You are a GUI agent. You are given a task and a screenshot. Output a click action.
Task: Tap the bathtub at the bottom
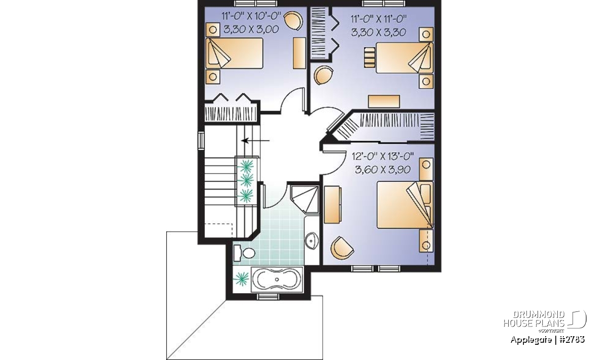277,280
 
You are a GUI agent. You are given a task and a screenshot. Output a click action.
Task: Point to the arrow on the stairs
255,141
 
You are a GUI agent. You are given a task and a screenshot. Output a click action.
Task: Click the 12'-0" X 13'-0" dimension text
383,156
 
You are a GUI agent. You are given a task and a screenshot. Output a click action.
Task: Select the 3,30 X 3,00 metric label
251,29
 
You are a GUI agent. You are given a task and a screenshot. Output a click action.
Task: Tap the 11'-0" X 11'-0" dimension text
378,19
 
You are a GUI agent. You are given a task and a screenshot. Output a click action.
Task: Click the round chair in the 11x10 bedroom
293,20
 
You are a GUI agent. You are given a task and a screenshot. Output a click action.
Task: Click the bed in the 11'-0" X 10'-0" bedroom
234,53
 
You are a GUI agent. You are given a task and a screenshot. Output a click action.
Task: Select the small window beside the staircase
201,141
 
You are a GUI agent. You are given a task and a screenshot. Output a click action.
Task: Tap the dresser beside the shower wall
332,205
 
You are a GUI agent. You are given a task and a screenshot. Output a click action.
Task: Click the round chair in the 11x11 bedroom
323,75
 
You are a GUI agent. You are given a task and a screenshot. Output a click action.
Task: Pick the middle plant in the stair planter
246,180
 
